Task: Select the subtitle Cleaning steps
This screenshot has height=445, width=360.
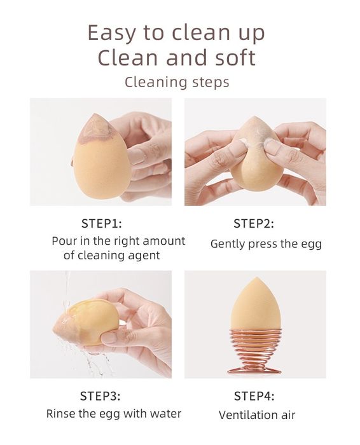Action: pyautogui.click(x=177, y=83)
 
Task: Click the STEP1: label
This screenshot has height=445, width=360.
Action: pyautogui.click(x=101, y=224)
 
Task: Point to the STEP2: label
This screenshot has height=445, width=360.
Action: pyautogui.click(x=254, y=224)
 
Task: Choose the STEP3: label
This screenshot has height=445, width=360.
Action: pyautogui.click(x=100, y=396)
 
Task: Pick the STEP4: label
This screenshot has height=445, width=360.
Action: pyautogui.click(x=254, y=396)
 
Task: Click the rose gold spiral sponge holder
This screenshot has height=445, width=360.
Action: pyautogui.click(x=254, y=352)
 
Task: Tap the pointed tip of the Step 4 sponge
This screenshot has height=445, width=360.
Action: pyautogui.click(x=256, y=278)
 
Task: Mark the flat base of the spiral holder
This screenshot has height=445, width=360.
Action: pyautogui.click(x=254, y=371)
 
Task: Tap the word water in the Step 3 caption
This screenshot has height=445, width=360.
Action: pyautogui.click(x=165, y=414)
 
